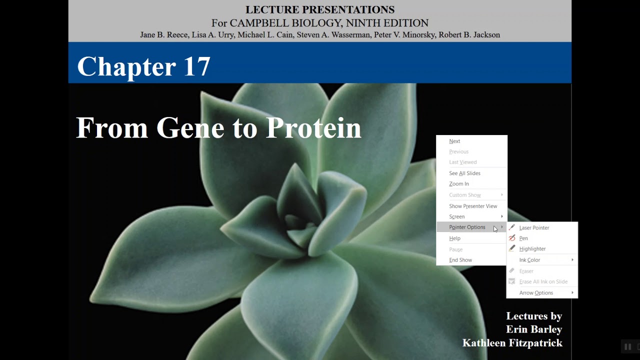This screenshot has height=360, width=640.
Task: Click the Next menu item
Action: pyautogui.click(x=454, y=141)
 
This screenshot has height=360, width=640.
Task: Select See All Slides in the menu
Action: pyautogui.click(x=464, y=173)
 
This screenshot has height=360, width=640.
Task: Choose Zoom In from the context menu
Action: pyautogui.click(x=458, y=183)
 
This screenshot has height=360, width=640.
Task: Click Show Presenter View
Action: pyautogui.click(x=472, y=206)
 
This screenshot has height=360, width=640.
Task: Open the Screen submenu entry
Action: pyautogui.click(x=457, y=216)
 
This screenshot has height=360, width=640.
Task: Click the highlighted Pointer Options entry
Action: pyautogui.click(x=467, y=227)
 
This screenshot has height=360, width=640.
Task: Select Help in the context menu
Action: pyautogui.click(x=454, y=238)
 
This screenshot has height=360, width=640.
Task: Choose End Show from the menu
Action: pyautogui.click(x=460, y=260)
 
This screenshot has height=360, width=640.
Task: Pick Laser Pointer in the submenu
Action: pyautogui.click(x=533, y=227)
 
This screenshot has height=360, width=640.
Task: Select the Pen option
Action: pyautogui.click(x=523, y=238)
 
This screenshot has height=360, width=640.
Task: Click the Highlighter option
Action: pyautogui.click(x=532, y=248)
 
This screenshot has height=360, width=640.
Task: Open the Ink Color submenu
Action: pyautogui.click(x=529, y=260)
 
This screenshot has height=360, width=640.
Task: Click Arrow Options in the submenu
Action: pyautogui.click(x=536, y=293)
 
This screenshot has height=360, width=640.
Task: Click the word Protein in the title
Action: pyautogui.click(x=313, y=128)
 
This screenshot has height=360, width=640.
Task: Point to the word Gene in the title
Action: pyautogui.click(x=189, y=128)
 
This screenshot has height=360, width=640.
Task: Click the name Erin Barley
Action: pyautogui.click(x=533, y=329)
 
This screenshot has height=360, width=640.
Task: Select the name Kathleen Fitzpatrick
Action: pyautogui.click(x=512, y=343)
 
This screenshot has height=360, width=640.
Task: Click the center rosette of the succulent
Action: pyautogui.click(x=300, y=220)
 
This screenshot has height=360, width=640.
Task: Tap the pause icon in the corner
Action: pyautogui.click(x=627, y=346)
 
